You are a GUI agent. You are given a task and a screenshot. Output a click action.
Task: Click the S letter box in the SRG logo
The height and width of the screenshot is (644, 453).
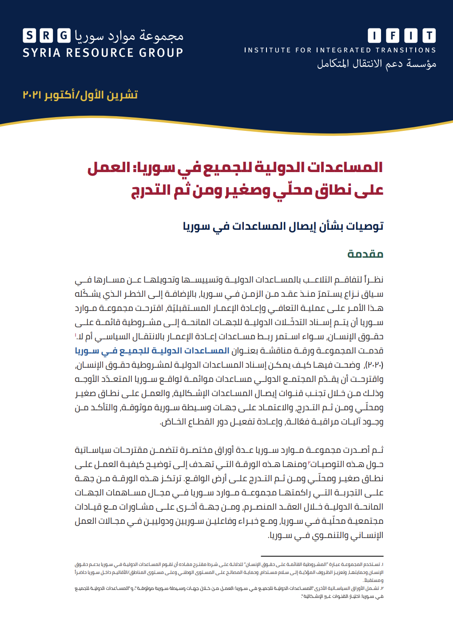[29, 35]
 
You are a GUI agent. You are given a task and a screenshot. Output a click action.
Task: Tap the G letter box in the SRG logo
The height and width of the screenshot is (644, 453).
[64, 35]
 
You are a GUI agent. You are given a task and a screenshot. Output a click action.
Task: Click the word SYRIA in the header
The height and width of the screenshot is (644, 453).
[41, 53]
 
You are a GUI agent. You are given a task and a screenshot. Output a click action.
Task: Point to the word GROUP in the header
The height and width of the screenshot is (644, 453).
[161, 53]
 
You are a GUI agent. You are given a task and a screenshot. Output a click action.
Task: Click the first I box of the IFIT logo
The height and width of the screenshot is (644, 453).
[374, 35]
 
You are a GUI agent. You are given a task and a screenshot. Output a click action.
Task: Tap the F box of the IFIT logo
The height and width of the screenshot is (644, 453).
[393, 35]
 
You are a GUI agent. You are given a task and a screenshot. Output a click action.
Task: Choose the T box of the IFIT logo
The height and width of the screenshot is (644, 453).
[429, 35]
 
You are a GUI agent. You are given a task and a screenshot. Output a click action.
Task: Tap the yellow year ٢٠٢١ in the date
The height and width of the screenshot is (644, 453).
[32, 95]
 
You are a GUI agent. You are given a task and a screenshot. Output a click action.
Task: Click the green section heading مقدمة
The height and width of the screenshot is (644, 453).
[365, 254]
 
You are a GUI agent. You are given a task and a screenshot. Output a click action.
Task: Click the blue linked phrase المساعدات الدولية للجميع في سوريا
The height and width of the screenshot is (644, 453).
[152, 351]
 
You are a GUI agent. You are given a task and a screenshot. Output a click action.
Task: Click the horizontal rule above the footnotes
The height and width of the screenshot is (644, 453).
[322, 556]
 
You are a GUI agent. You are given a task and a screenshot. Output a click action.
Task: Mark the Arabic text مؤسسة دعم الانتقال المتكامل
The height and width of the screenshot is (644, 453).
[377, 64]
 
